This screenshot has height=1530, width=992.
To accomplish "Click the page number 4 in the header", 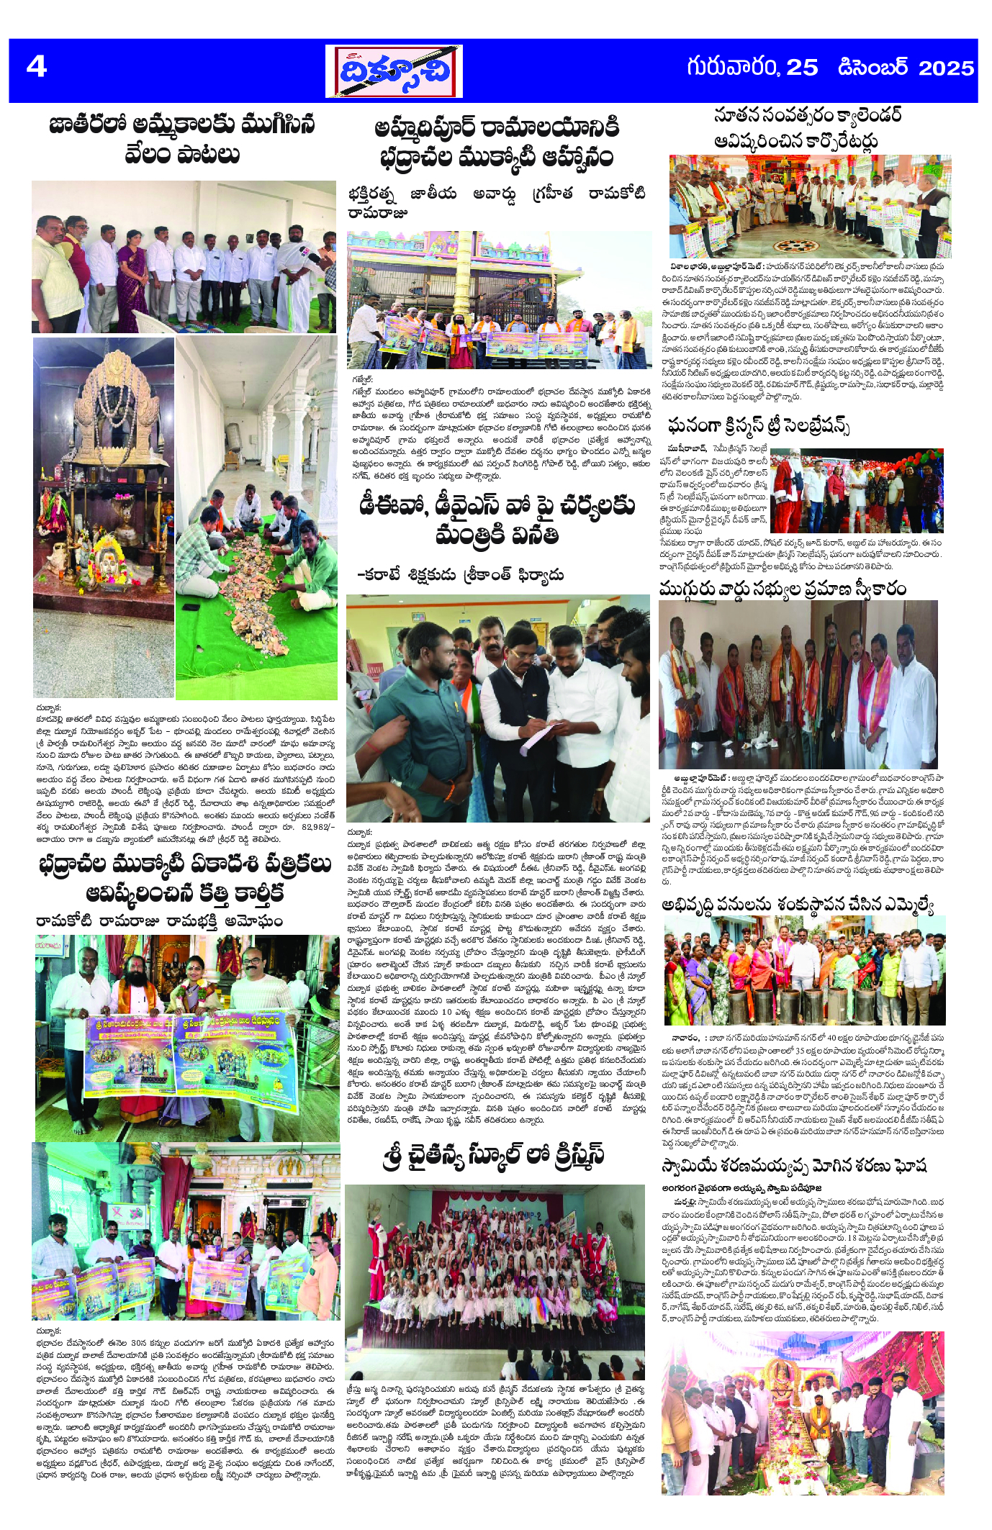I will (x=36, y=67).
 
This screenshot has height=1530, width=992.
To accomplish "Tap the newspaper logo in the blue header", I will (x=394, y=71).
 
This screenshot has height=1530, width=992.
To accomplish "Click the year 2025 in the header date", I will (x=946, y=68).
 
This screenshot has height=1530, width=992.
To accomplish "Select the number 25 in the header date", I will (x=802, y=68).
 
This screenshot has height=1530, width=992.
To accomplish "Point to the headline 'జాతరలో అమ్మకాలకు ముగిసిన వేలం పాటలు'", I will (x=182, y=139).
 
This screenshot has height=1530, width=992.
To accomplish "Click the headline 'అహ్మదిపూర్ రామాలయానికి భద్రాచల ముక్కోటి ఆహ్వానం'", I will (x=497, y=142).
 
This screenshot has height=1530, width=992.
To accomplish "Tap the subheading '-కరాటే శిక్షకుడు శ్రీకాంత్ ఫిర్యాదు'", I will (x=461, y=574).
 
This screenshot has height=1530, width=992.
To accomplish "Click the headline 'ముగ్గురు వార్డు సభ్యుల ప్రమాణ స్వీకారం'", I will (x=782, y=589).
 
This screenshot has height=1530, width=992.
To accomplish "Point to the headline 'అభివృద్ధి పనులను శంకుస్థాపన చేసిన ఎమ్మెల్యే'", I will (x=798, y=905).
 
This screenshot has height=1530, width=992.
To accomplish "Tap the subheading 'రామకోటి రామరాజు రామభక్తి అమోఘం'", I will (x=159, y=921).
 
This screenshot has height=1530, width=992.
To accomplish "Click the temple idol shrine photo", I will (x=104, y=517).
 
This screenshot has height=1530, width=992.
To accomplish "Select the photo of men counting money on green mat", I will (x=257, y=517).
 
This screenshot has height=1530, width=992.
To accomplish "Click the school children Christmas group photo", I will (x=495, y=1281).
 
